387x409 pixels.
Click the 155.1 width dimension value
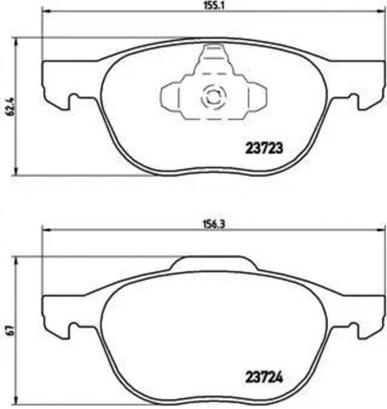pos(214,6)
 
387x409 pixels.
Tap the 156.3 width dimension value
pos(214,224)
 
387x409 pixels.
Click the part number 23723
pos(264,149)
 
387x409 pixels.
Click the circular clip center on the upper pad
pos(213,97)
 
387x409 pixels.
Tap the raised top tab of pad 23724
pos(213,263)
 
